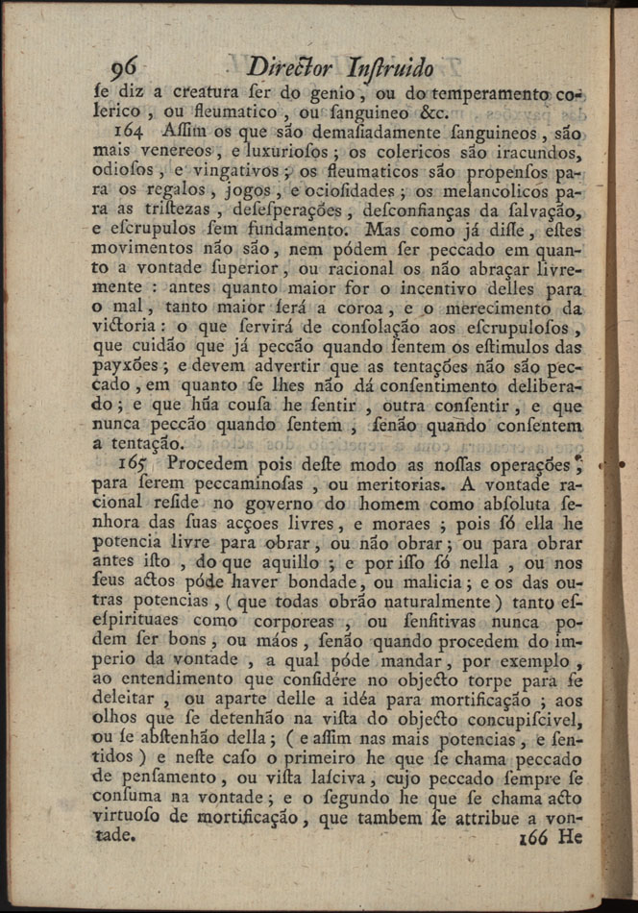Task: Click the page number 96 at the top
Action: tap(125, 67)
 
